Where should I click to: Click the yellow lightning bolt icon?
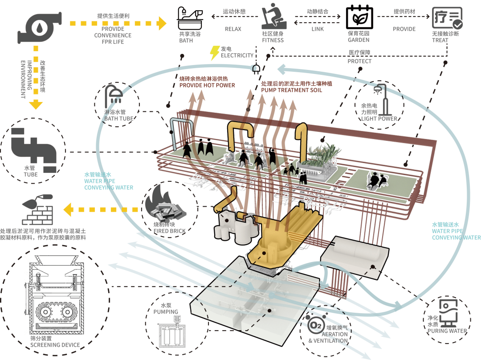(x=215, y=53)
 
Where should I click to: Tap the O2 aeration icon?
(x=315, y=326)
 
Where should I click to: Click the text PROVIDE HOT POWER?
(x=207, y=85)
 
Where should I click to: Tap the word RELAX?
(x=232, y=29)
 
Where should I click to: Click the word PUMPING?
(x=166, y=312)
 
